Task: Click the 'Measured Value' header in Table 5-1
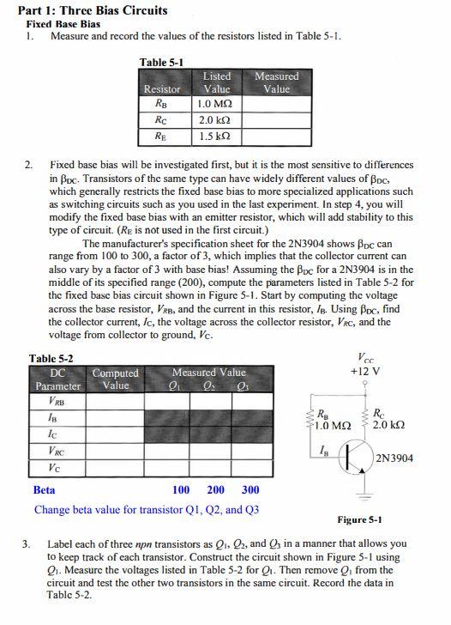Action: [277, 82]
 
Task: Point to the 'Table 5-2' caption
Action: [51, 358]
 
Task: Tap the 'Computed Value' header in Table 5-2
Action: [115, 379]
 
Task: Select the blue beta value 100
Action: [181, 490]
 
